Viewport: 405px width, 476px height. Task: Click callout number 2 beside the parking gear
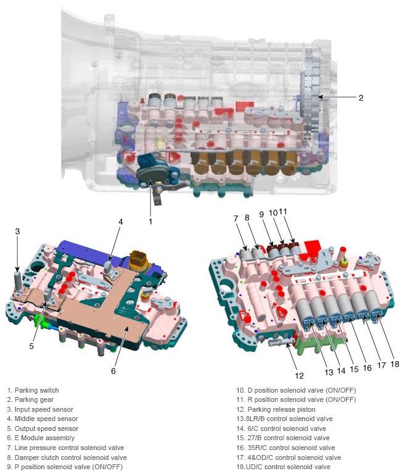pyautogui.click(x=361, y=98)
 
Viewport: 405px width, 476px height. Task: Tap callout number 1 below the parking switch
pyautogui.click(x=150, y=221)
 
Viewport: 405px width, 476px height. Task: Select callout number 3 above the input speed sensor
pyautogui.click(x=17, y=232)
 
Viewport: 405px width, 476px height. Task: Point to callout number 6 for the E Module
pyautogui.click(x=113, y=370)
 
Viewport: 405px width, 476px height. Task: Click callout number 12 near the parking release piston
pyautogui.click(x=299, y=376)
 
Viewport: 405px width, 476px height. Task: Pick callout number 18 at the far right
pyautogui.click(x=395, y=364)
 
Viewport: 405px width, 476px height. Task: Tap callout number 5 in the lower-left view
pyautogui.click(x=31, y=346)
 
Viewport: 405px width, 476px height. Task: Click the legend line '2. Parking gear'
pyautogui.click(x=30, y=399)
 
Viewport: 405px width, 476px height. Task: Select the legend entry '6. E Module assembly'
pyautogui.click(x=41, y=438)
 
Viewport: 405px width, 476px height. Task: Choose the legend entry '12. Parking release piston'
pyautogui.click(x=276, y=409)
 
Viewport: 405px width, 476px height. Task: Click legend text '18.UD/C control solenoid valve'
pyautogui.click(x=284, y=467)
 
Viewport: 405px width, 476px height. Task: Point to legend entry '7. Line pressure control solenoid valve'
pyautogui.click(x=65, y=448)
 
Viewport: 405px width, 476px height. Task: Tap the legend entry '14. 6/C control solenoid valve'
pyautogui.click(x=281, y=428)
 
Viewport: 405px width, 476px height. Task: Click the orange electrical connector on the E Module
pyautogui.click(x=138, y=261)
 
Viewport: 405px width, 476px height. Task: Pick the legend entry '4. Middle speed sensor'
pyautogui.click(x=43, y=419)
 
